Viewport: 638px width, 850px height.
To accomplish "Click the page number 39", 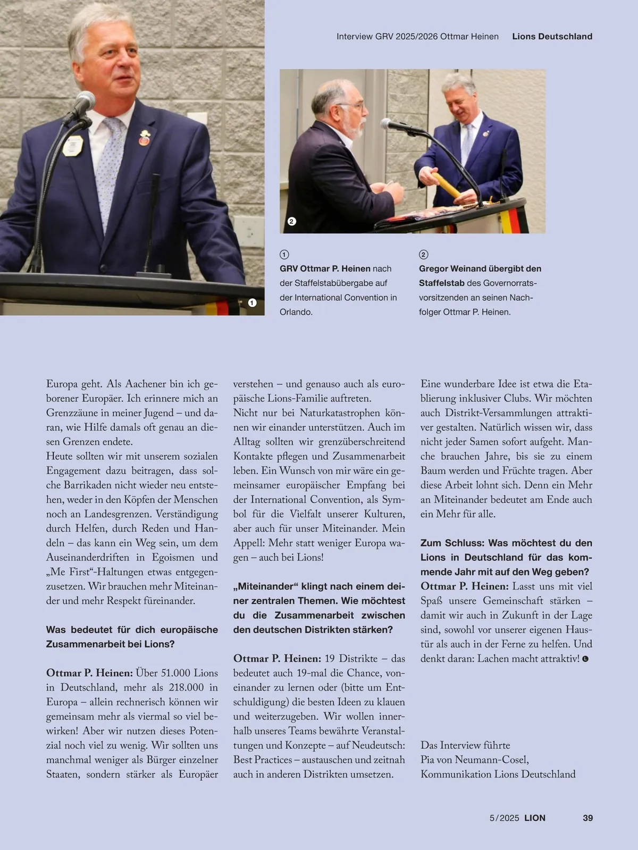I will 587,818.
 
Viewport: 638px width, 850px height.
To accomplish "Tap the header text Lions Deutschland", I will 552,37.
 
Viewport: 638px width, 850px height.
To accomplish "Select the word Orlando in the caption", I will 295,312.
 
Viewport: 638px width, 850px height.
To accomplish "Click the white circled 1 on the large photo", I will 253,302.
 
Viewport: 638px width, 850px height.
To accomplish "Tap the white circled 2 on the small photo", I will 291,221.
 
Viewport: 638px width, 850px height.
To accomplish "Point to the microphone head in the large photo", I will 85,100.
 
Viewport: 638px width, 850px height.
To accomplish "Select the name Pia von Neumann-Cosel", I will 474,760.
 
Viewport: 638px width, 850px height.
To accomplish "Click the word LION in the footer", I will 534,818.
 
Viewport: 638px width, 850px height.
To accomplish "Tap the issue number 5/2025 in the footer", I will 504,818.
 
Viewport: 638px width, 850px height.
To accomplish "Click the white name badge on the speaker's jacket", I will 73,145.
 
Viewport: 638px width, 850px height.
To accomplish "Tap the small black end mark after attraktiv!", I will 585,659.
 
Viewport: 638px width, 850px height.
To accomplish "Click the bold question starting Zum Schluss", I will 506,557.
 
